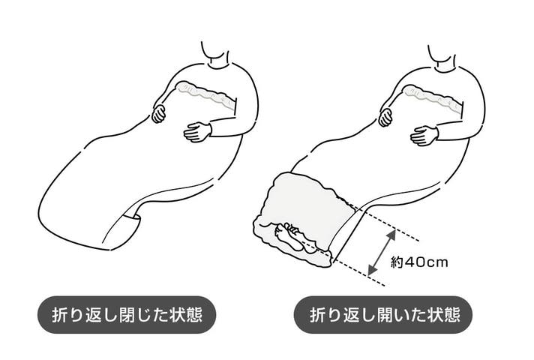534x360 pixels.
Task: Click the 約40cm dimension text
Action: (x=419, y=262)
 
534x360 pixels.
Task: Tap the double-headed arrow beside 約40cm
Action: (x=382, y=253)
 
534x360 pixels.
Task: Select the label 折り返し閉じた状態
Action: (x=127, y=315)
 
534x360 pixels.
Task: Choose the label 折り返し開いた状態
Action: (x=385, y=315)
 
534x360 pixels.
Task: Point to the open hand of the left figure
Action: (x=198, y=131)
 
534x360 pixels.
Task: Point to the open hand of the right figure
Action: (x=424, y=136)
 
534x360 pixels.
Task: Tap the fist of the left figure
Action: (x=159, y=114)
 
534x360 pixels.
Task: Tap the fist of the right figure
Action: (x=385, y=117)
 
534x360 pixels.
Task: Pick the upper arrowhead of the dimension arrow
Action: (x=391, y=235)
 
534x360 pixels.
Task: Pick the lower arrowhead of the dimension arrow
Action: (x=372, y=271)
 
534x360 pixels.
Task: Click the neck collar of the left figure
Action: (x=219, y=64)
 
